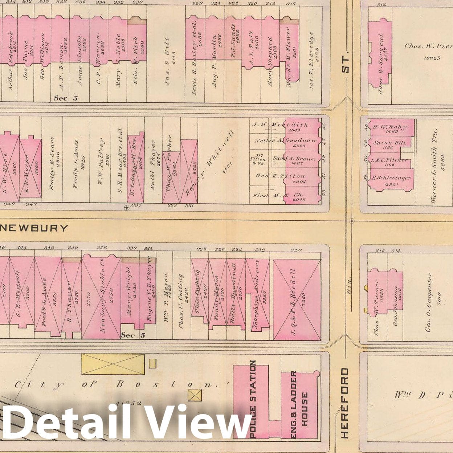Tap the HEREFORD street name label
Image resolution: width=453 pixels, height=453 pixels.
click(345, 403)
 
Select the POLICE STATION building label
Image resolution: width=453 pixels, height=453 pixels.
click(253, 399)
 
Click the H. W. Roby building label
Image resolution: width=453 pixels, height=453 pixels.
click(390, 127)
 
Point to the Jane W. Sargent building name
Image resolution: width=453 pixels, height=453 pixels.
click(380, 64)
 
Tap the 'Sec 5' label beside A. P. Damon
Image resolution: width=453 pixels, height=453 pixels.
click(66, 98)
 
